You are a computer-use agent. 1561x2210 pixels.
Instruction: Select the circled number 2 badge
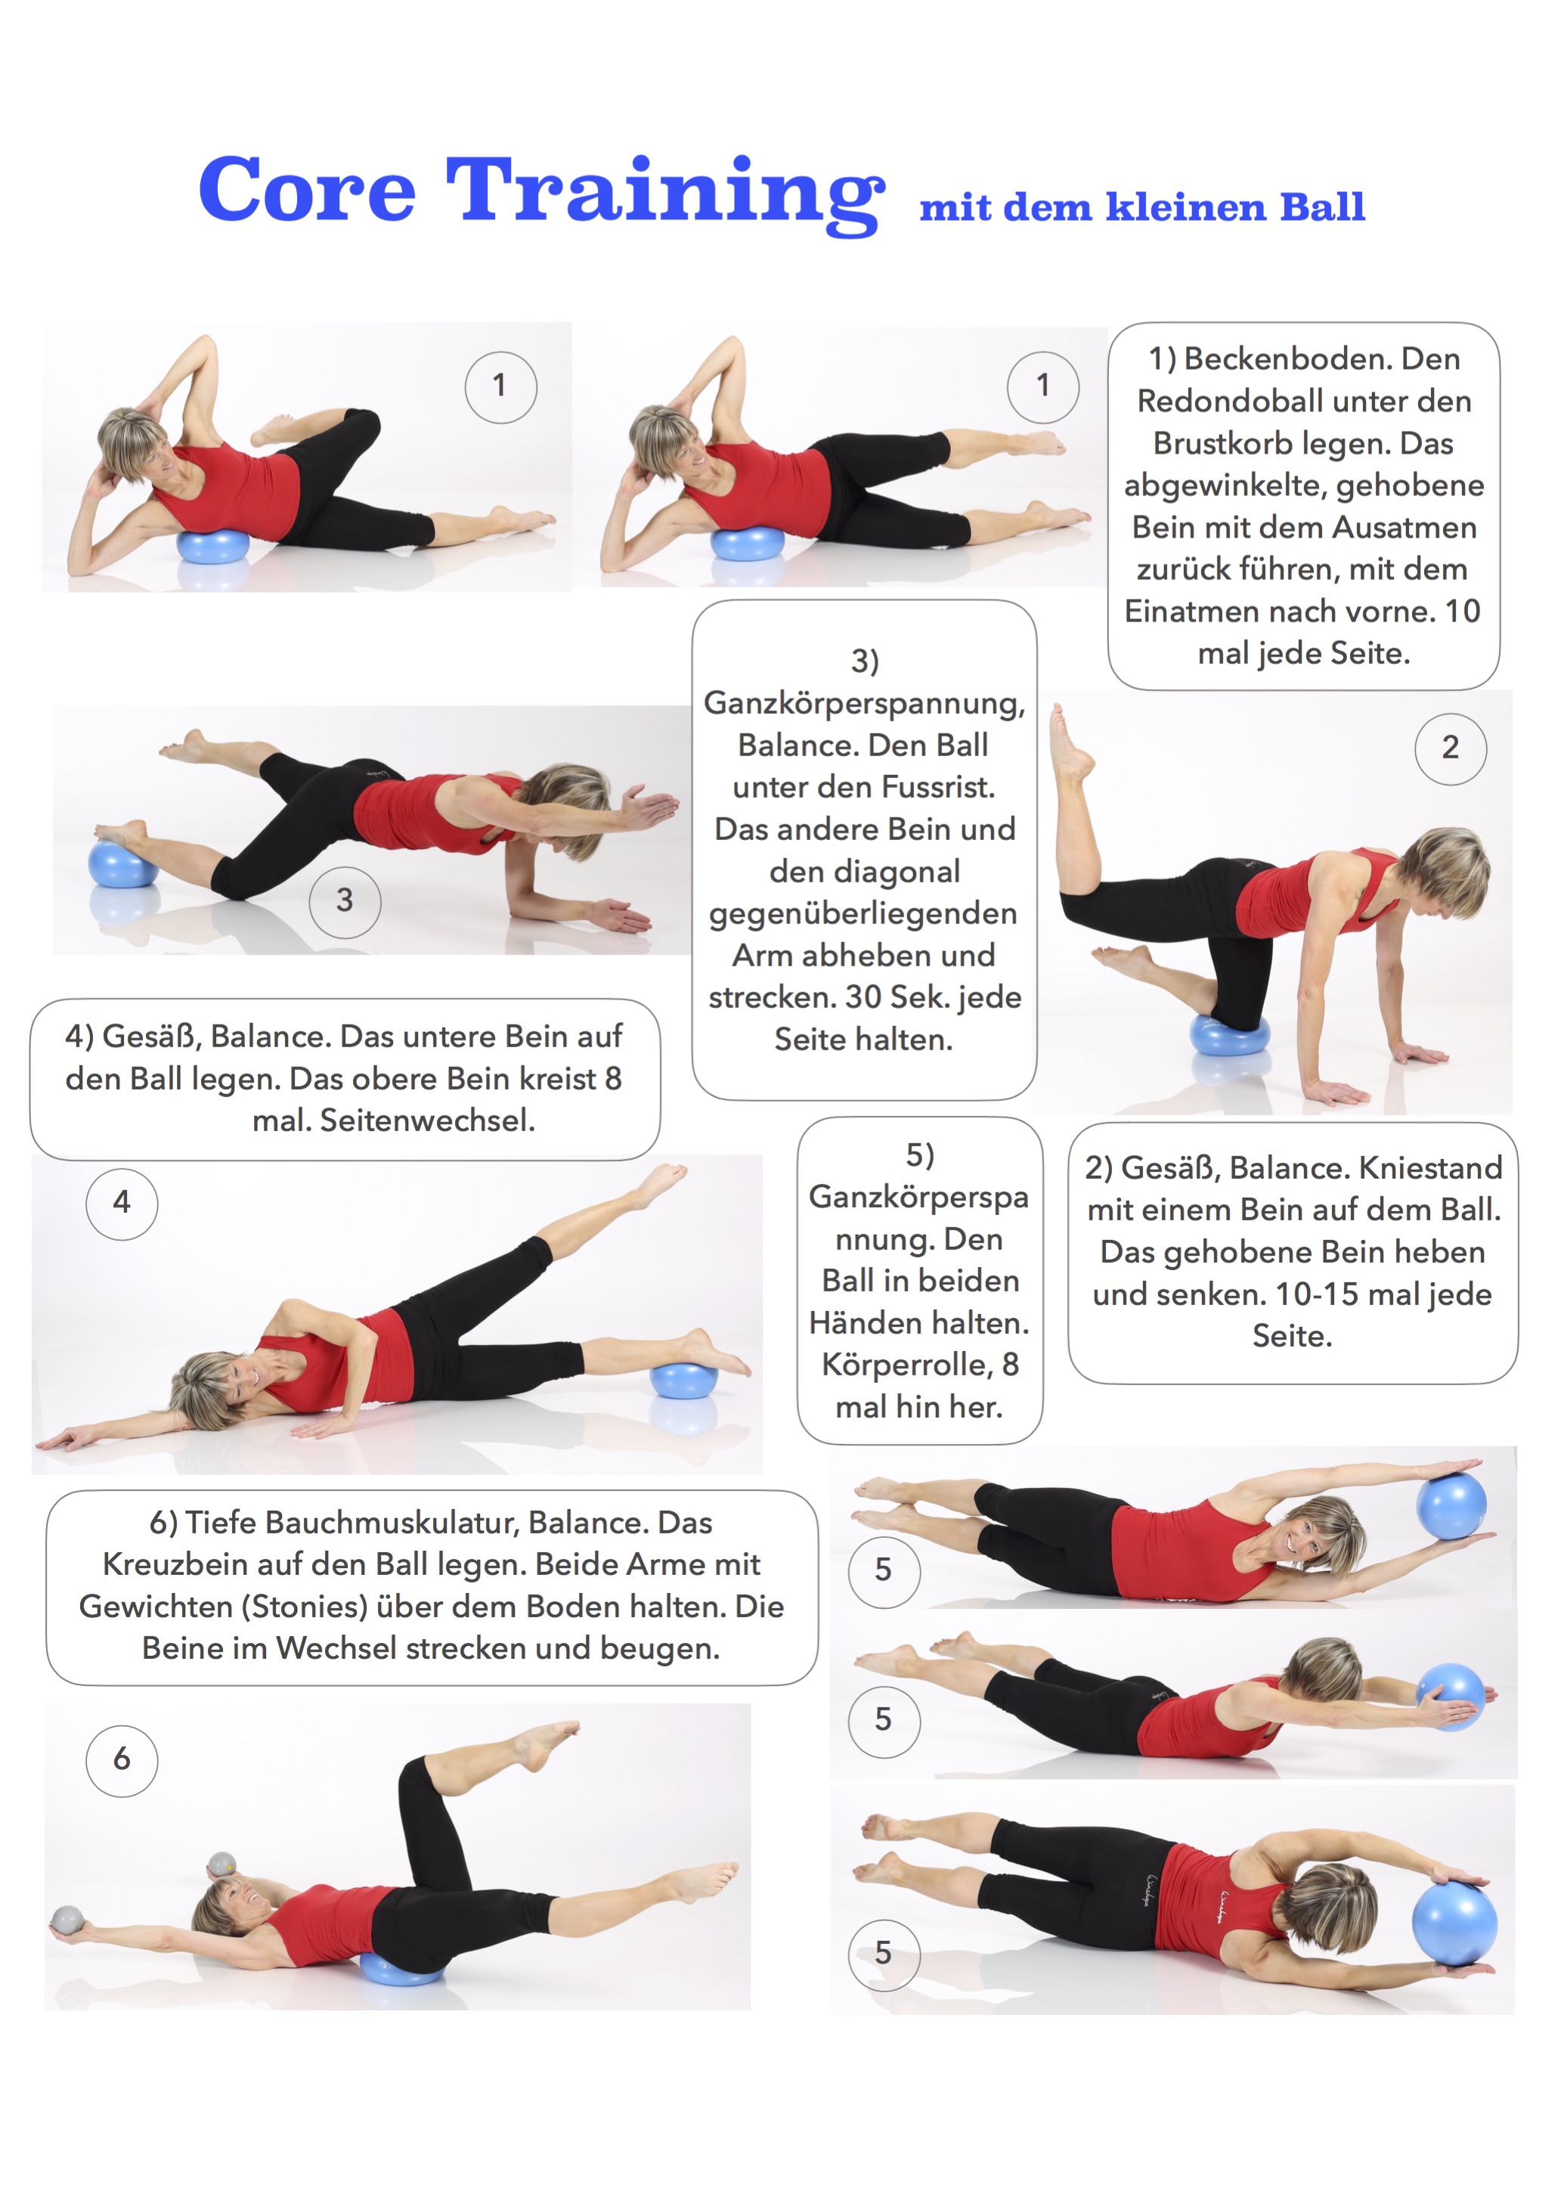1451,749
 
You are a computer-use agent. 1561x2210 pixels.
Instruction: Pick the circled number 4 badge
122,1203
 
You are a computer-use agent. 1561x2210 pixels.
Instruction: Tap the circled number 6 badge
122,1759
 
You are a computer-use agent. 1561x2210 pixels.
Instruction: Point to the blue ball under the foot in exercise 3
122,863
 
